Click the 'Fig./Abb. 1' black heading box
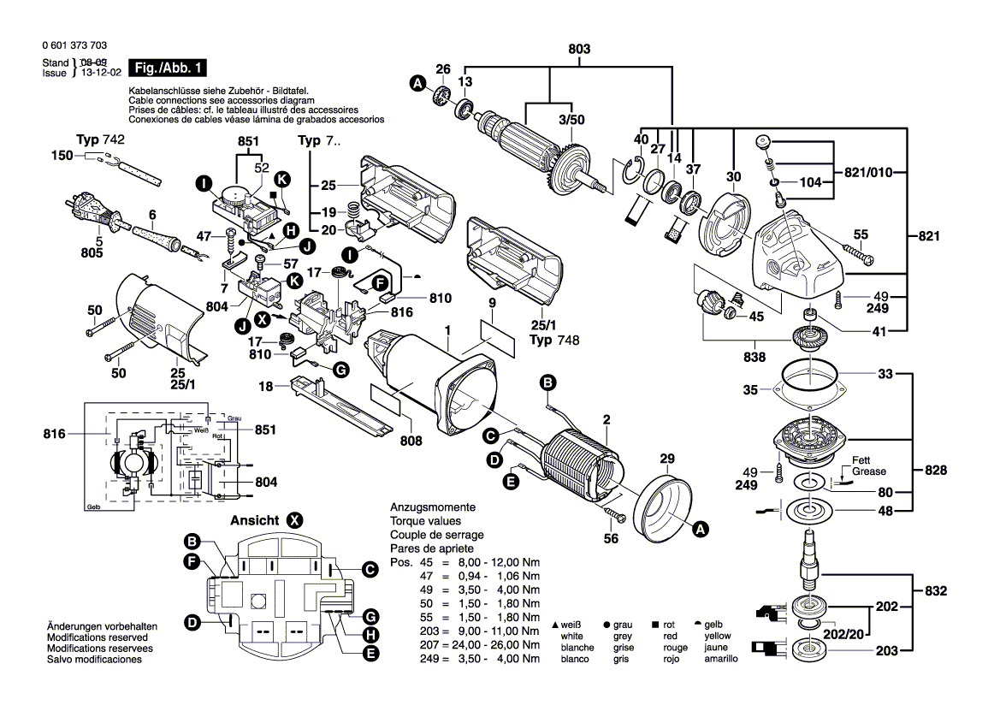pos(167,68)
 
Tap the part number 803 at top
pos(579,50)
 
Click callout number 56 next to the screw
pos(610,538)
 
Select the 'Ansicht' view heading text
pos(254,520)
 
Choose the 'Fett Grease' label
pos(868,465)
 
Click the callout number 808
pos(411,442)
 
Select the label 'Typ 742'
pos(100,139)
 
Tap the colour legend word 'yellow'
pos(717,637)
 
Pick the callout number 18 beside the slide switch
pos(266,387)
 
